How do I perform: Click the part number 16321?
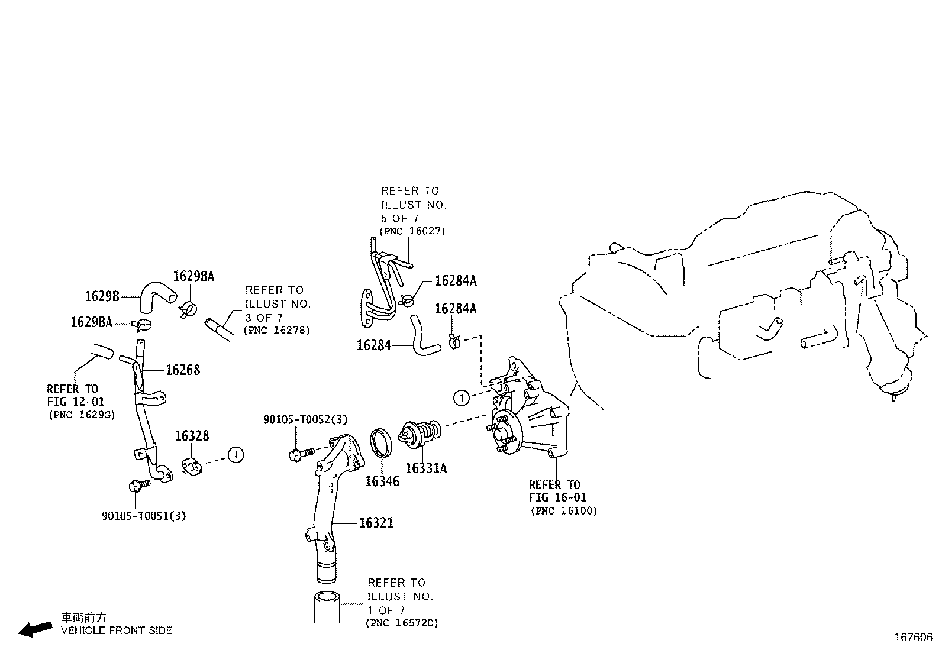point(376,523)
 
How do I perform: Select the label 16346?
point(382,481)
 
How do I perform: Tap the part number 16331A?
point(426,468)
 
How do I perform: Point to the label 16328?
point(192,436)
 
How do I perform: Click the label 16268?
point(183,370)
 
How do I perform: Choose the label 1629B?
point(102,296)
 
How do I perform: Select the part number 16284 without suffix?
point(373,345)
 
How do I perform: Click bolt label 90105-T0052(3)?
point(305,420)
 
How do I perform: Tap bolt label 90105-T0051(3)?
point(144,516)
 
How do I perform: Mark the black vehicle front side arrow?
point(36,629)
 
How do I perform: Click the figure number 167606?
point(912,638)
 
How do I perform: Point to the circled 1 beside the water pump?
point(461,397)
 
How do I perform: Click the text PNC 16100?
point(564,511)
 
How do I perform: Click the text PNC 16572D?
point(402,623)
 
